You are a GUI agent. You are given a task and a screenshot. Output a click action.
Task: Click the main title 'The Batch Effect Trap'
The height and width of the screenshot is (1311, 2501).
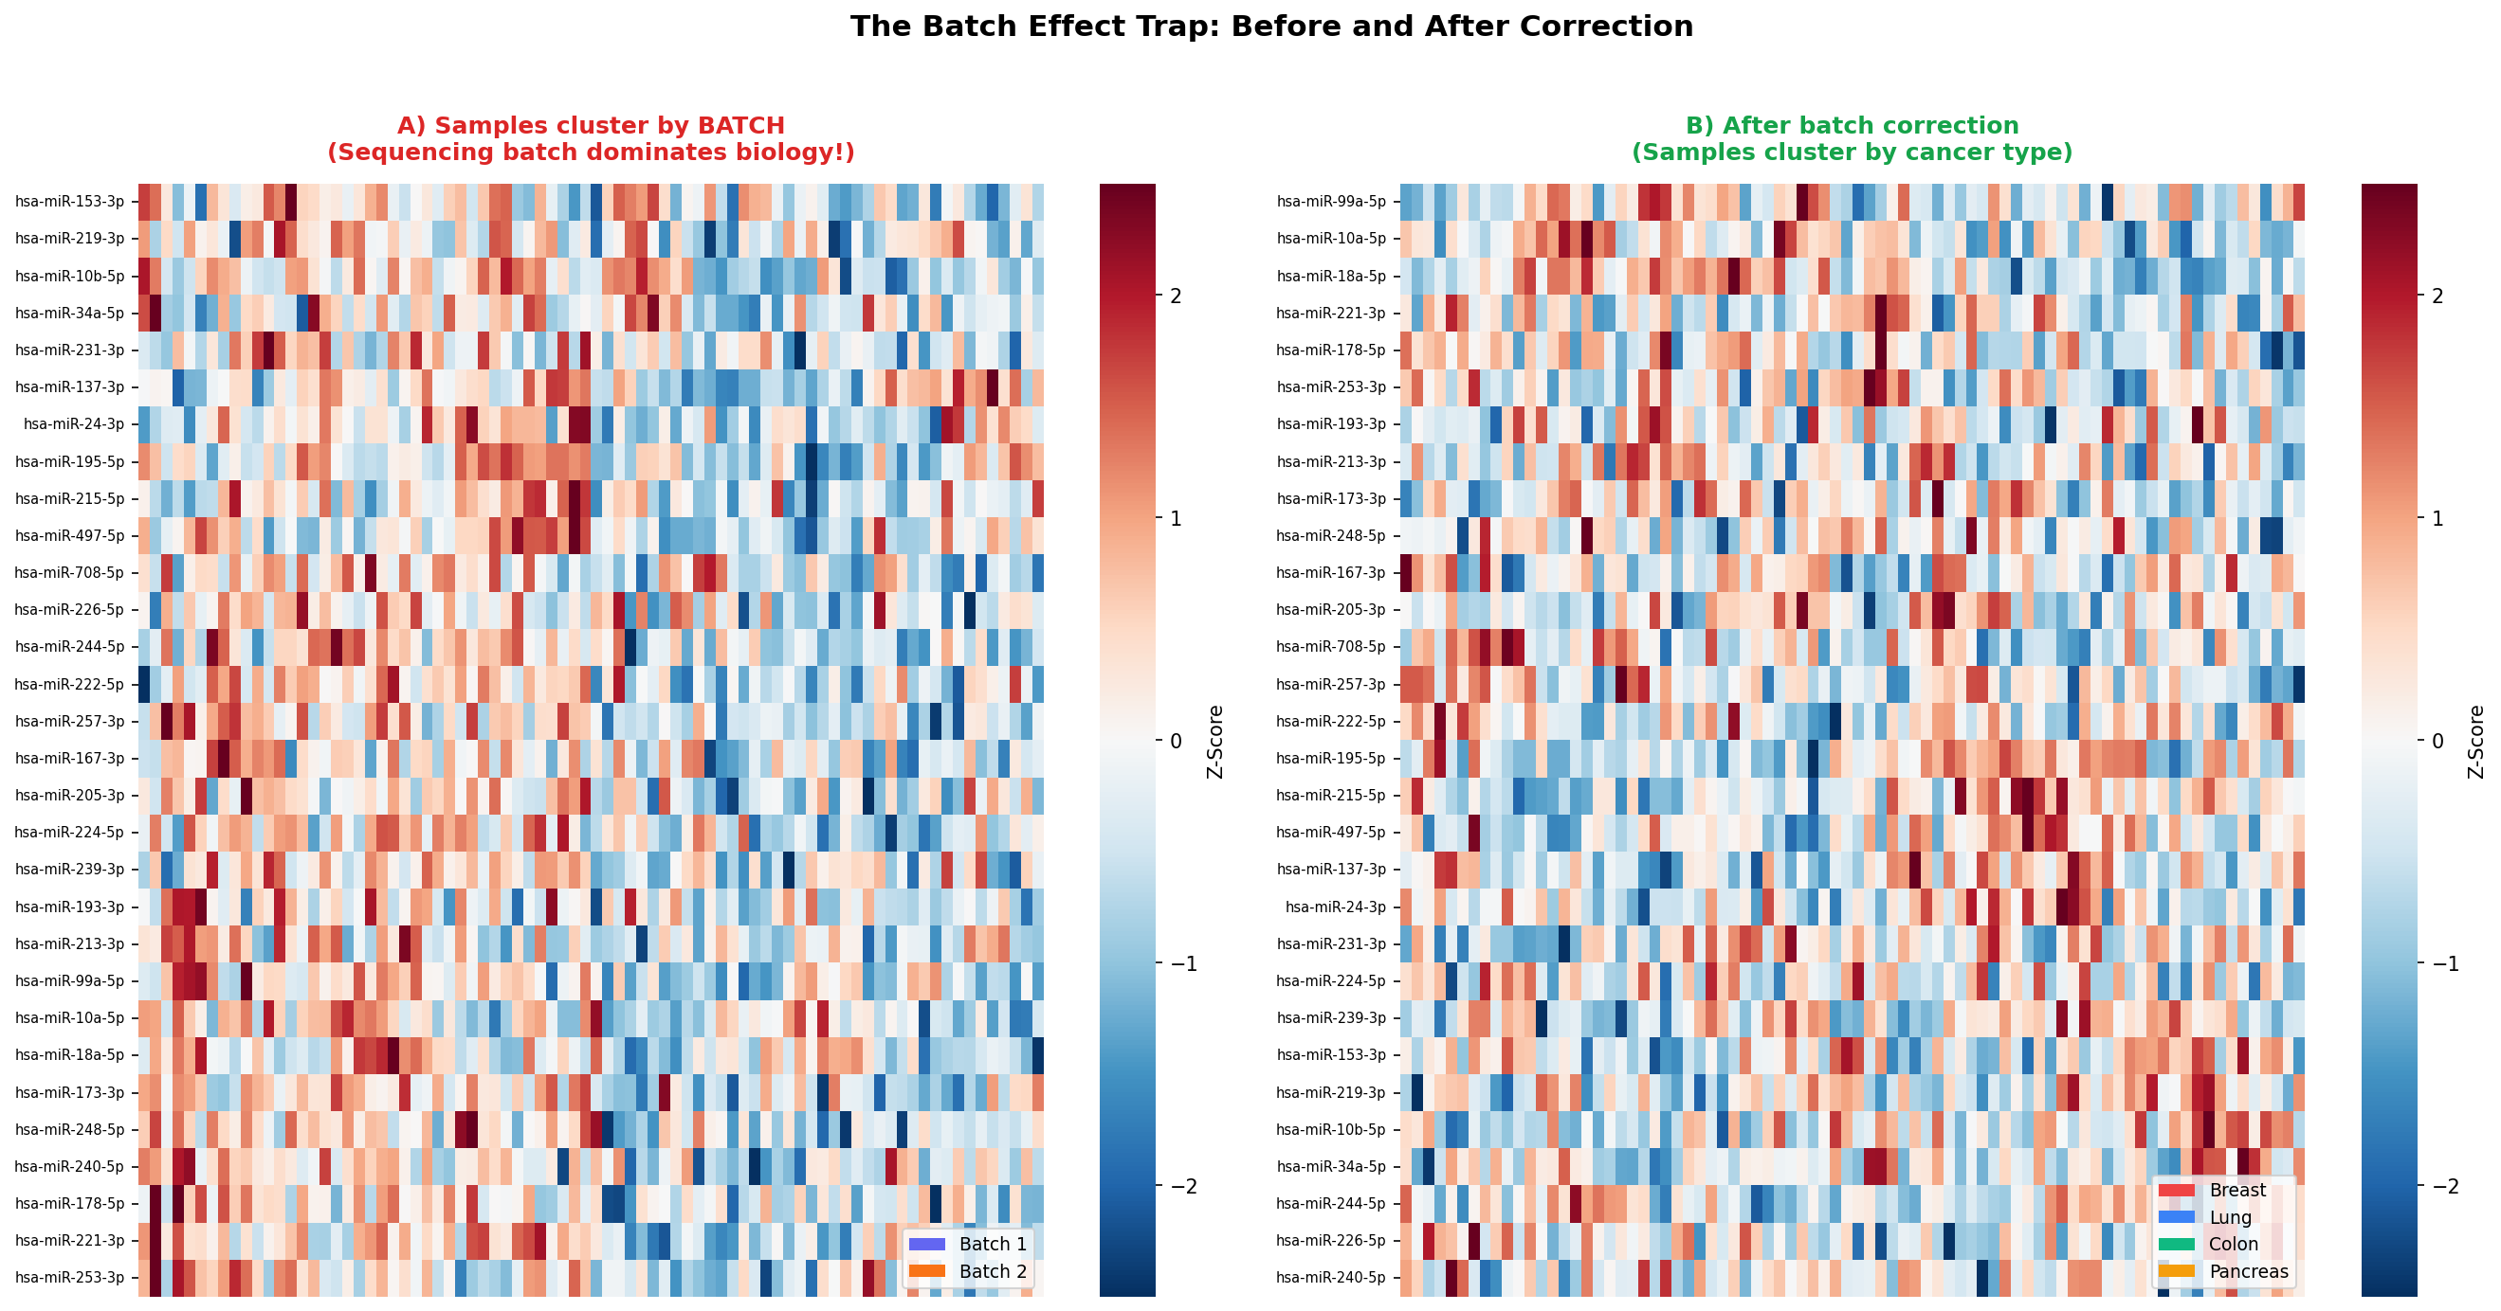(x=1271, y=27)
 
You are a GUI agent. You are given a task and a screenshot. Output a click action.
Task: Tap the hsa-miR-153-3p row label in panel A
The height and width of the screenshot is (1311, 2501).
(x=70, y=202)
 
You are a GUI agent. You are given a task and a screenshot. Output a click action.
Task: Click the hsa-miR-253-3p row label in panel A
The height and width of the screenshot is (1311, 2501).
(x=70, y=1277)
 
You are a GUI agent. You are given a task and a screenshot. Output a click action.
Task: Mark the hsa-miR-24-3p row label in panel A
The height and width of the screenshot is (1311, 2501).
(x=74, y=424)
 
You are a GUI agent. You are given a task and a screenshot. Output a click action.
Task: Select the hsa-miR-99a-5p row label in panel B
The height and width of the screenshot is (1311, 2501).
(x=1331, y=202)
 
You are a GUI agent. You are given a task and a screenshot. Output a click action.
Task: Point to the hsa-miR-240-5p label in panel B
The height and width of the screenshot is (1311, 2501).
(x=1331, y=1277)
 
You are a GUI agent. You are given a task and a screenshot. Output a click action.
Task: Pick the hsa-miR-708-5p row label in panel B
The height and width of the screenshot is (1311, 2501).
(x=1331, y=646)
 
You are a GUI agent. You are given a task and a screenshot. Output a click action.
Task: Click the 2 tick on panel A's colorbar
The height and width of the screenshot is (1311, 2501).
(x=1176, y=295)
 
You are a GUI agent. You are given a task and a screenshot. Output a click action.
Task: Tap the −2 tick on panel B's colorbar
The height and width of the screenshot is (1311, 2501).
(x=2437, y=1186)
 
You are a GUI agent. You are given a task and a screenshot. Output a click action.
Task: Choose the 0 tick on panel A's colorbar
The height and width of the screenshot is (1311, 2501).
(x=1176, y=741)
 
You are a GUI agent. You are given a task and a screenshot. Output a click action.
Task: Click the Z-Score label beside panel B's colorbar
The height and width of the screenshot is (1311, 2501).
(x=2475, y=742)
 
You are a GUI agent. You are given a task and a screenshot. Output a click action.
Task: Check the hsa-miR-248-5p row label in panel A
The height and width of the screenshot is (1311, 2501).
(x=70, y=1129)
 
